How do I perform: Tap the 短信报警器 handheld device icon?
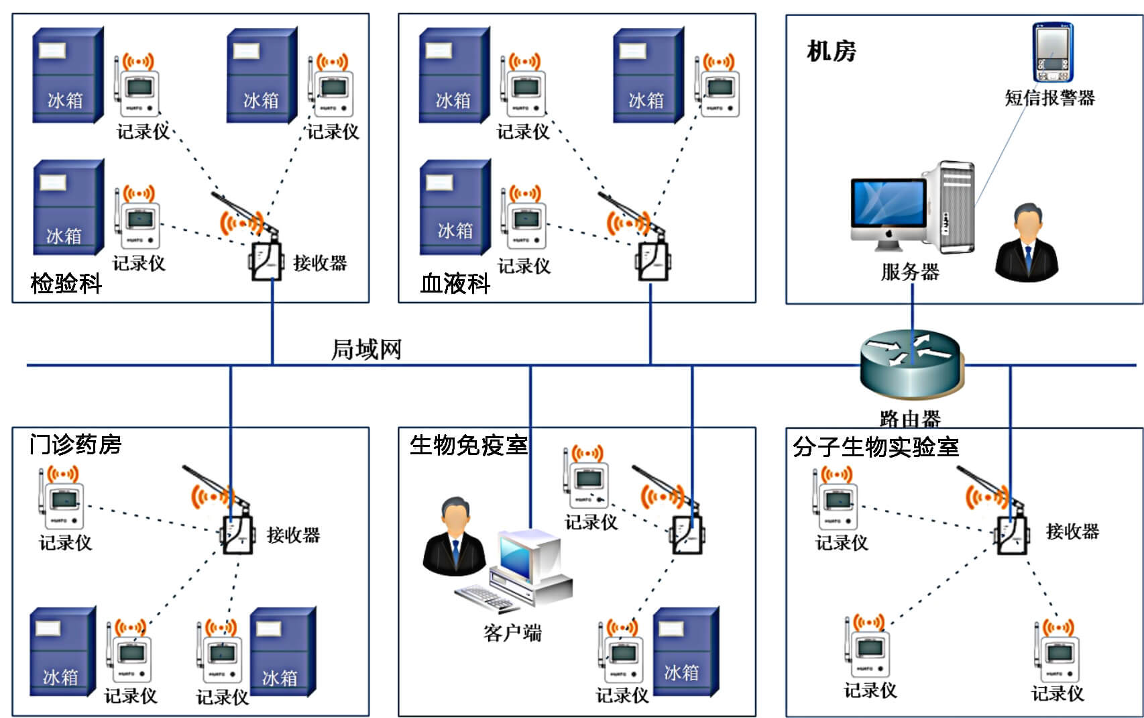[x=1051, y=53]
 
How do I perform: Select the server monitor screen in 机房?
[x=888, y=204]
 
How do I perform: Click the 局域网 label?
[x=366, y=349]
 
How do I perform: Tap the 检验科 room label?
[x=66, y=283]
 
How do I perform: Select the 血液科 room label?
[x=455, y=283]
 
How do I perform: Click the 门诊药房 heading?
[x=75, y=444]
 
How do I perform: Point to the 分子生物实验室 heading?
[x=875, y=446]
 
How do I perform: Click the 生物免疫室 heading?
[x=469, y=444]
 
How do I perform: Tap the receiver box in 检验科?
[x=266, y=260]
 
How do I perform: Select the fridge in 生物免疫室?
[x=685, y=651]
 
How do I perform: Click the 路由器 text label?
[x=910, y=419]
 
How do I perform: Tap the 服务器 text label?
[x=910, y=272]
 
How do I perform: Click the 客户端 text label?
[x=512, y=632]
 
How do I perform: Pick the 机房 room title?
[x=832, y=51]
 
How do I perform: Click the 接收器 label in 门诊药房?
[x=293, y=535]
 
